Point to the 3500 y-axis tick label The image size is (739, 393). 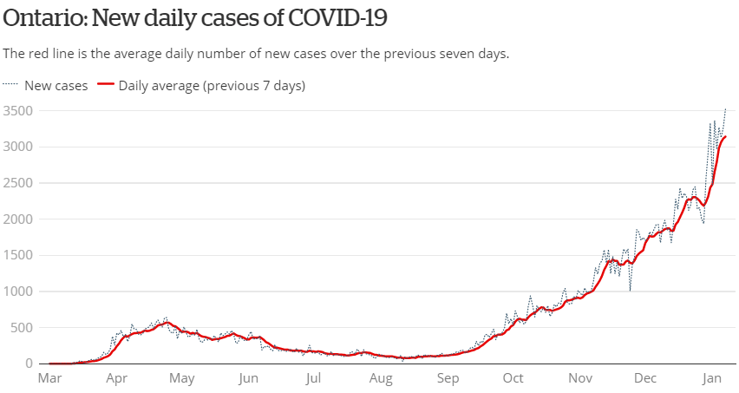point(18,111)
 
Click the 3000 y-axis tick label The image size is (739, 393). point(18,147)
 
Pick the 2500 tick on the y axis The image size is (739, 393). point(18,183)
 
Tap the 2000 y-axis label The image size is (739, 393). point(18,219)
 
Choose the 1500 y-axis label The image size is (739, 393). point(18,256)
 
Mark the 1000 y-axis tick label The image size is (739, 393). point(18,292)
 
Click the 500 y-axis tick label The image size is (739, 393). point(22,329)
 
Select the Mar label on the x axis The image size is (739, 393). point(49,378)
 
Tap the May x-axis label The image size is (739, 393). point(181,378)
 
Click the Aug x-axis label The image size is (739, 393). point(381,378)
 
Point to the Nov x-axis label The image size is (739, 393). point(580,378)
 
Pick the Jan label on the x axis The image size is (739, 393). point(712,378)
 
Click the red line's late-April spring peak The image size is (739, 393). point(167,322)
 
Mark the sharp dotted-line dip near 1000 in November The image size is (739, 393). point(631,290)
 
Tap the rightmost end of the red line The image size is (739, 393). point(726,137)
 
